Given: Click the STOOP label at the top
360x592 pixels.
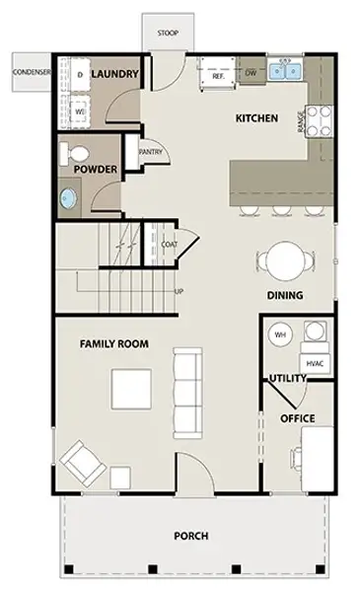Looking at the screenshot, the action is (168, 33).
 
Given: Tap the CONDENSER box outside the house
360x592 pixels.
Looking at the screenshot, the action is (32, 72).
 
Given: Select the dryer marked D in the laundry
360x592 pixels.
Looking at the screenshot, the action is (80, 74).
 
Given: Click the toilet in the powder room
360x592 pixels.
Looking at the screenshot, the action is (75, 154).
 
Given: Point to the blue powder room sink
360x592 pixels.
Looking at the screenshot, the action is (68, 198).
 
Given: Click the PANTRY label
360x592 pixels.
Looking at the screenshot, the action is (151, 152).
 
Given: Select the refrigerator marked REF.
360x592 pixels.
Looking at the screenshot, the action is (217, 73).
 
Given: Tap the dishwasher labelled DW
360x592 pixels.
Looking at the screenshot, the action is (251, 72).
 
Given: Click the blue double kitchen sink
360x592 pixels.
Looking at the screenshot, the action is (285, 71).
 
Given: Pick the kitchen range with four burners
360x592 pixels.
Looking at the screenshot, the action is (319, 120).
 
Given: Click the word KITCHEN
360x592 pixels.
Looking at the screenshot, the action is (257, 118).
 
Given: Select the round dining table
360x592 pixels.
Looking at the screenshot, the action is (285, 260).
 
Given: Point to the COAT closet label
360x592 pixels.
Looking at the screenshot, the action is (170, 245).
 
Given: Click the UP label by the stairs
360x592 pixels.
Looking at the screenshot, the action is (180, 291).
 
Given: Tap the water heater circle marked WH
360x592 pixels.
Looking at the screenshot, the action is (280, 334).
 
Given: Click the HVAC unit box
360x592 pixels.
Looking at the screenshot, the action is (315, 363).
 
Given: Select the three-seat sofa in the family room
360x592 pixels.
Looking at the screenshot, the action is (187, 393).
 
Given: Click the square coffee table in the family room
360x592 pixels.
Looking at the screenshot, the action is (131, 390).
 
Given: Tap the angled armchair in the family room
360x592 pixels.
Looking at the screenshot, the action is (83, 463).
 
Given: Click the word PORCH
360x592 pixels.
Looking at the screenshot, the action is (191, 536).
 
